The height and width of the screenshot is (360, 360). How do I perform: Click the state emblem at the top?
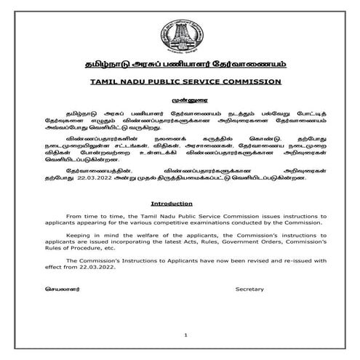180,32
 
